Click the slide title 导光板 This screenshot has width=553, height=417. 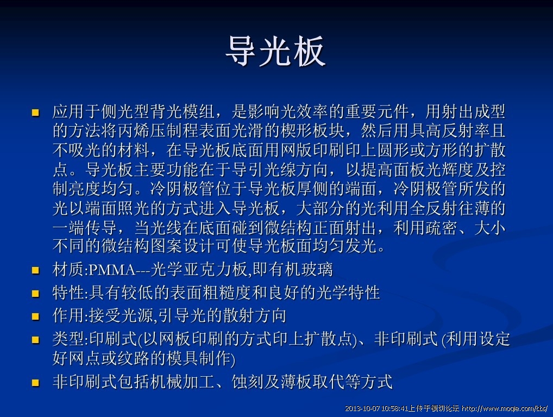[x=275, y=51]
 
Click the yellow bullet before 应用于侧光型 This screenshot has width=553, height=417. [x=36, y=113]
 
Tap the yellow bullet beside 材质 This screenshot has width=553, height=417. [x=36, y=270]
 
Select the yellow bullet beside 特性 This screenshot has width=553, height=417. [x=36, y=294]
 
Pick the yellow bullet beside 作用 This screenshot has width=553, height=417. [x=36, y=316]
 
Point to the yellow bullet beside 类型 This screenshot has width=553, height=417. [x=36, y=340]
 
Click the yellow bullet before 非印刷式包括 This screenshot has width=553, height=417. [x=36, y=382]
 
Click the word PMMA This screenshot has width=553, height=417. [x=112, y=270]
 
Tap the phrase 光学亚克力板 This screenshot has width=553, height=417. [x=199, y=270]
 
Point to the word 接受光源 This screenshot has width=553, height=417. [x=121, y=316]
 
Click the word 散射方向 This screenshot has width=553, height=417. [x=254, y=316]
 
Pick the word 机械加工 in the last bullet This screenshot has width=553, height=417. [x=183, y=382]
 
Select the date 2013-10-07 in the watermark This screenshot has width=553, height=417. [x=362, y=409]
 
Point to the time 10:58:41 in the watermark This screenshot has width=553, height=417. [x=394, y=409]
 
